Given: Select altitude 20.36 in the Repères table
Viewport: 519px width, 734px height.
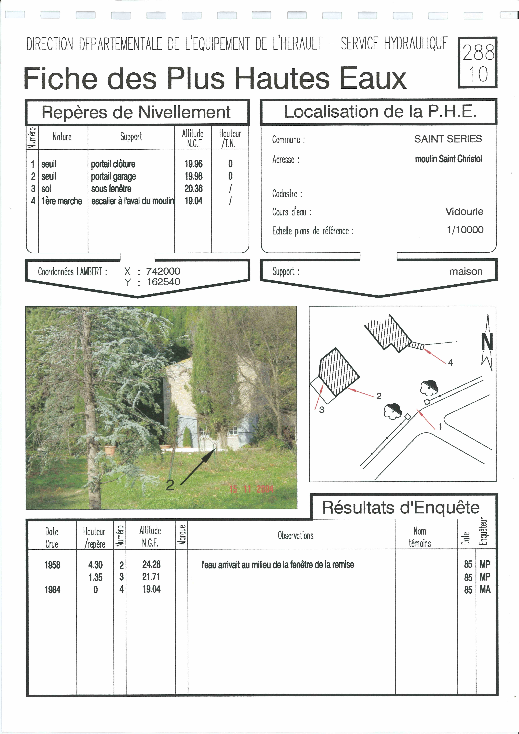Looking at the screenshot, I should click(x=193, y=189).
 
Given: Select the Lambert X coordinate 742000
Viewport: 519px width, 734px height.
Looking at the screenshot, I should click(x=163, y=271).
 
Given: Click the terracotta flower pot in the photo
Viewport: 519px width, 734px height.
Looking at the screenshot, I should click(x=110, y=450).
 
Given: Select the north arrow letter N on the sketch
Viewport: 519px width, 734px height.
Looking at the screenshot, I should click(x=487, y=342).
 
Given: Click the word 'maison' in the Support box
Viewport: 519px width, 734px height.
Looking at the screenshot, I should click(x=466, y=271).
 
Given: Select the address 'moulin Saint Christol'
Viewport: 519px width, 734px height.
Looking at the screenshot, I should click(x=448, y=159).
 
